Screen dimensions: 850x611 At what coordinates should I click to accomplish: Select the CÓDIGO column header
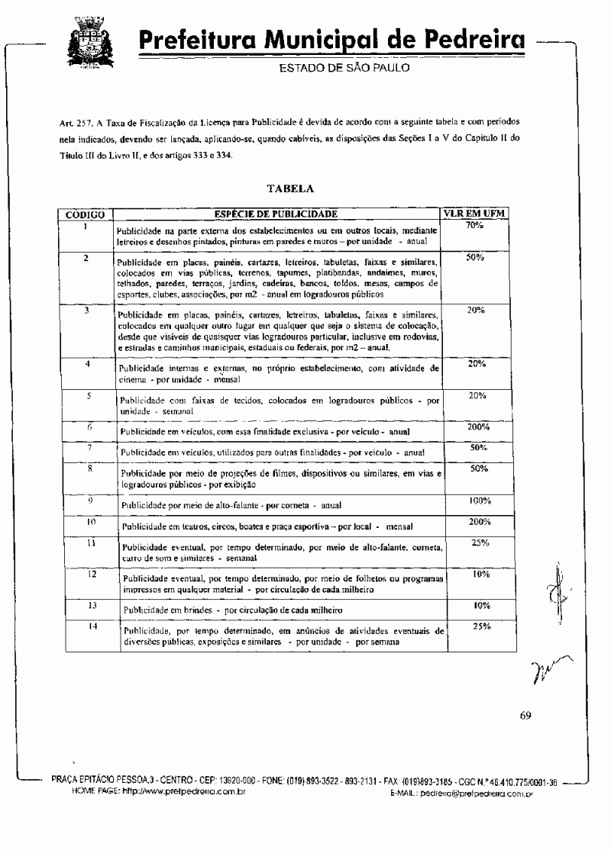coord(86,214)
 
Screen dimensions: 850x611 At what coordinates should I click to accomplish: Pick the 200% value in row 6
coord(478,427)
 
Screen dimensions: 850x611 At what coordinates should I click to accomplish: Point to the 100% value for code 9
coord(479,501)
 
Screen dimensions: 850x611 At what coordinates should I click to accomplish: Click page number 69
coord(525,715)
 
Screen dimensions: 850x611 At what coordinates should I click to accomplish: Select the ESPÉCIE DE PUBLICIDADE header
coord(276,214)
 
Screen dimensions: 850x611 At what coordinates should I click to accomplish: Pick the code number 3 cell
coord(87,311)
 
